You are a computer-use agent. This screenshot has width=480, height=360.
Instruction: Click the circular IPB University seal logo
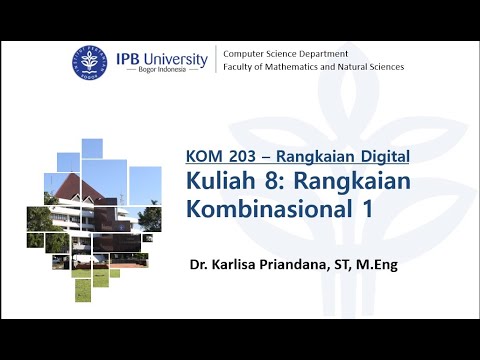coord(88,62)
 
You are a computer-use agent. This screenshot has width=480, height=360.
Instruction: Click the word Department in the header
coord(322,53)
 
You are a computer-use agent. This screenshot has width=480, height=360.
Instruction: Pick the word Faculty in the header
coord(239,67)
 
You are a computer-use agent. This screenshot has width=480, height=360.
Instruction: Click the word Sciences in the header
coord(385,67)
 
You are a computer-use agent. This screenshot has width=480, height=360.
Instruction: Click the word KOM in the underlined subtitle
coord(203,155)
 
